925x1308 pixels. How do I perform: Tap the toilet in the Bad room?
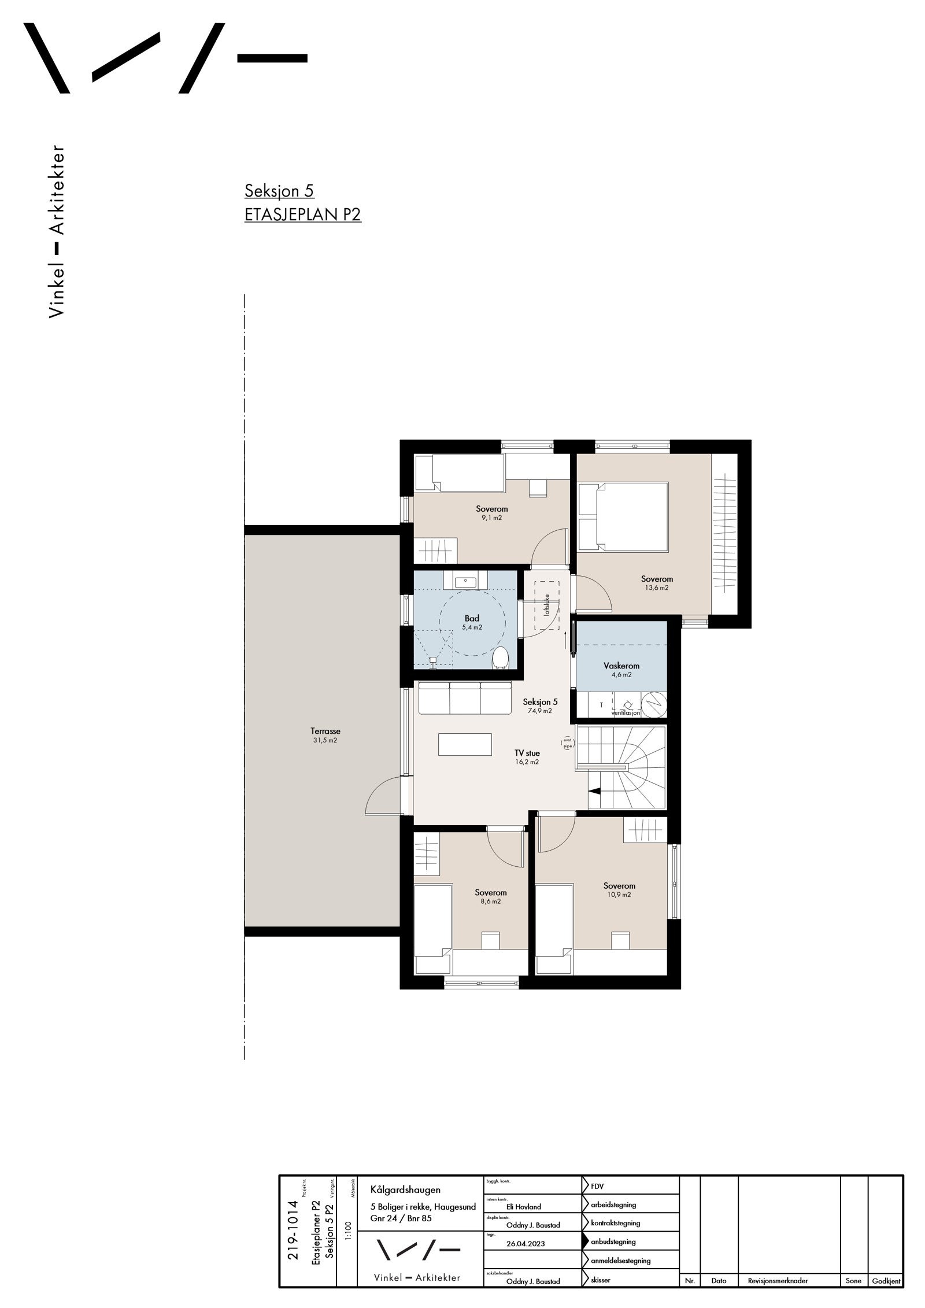pos(500,657)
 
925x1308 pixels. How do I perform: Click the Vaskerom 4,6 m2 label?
pos(621,670)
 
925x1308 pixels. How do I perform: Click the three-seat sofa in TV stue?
pos(465,698)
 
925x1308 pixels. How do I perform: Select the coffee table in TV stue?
pos(465,744)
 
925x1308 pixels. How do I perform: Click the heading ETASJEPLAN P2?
pos(303,215)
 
